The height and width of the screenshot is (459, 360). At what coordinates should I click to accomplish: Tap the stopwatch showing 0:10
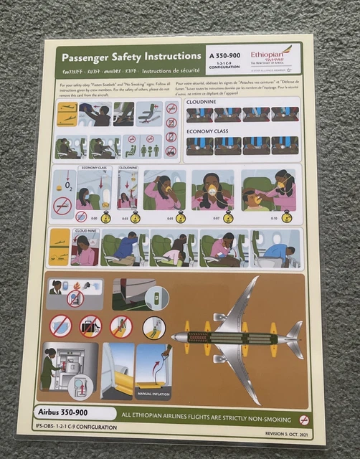[285, 216]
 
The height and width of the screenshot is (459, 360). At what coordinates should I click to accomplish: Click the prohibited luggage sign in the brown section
[90, 327]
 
